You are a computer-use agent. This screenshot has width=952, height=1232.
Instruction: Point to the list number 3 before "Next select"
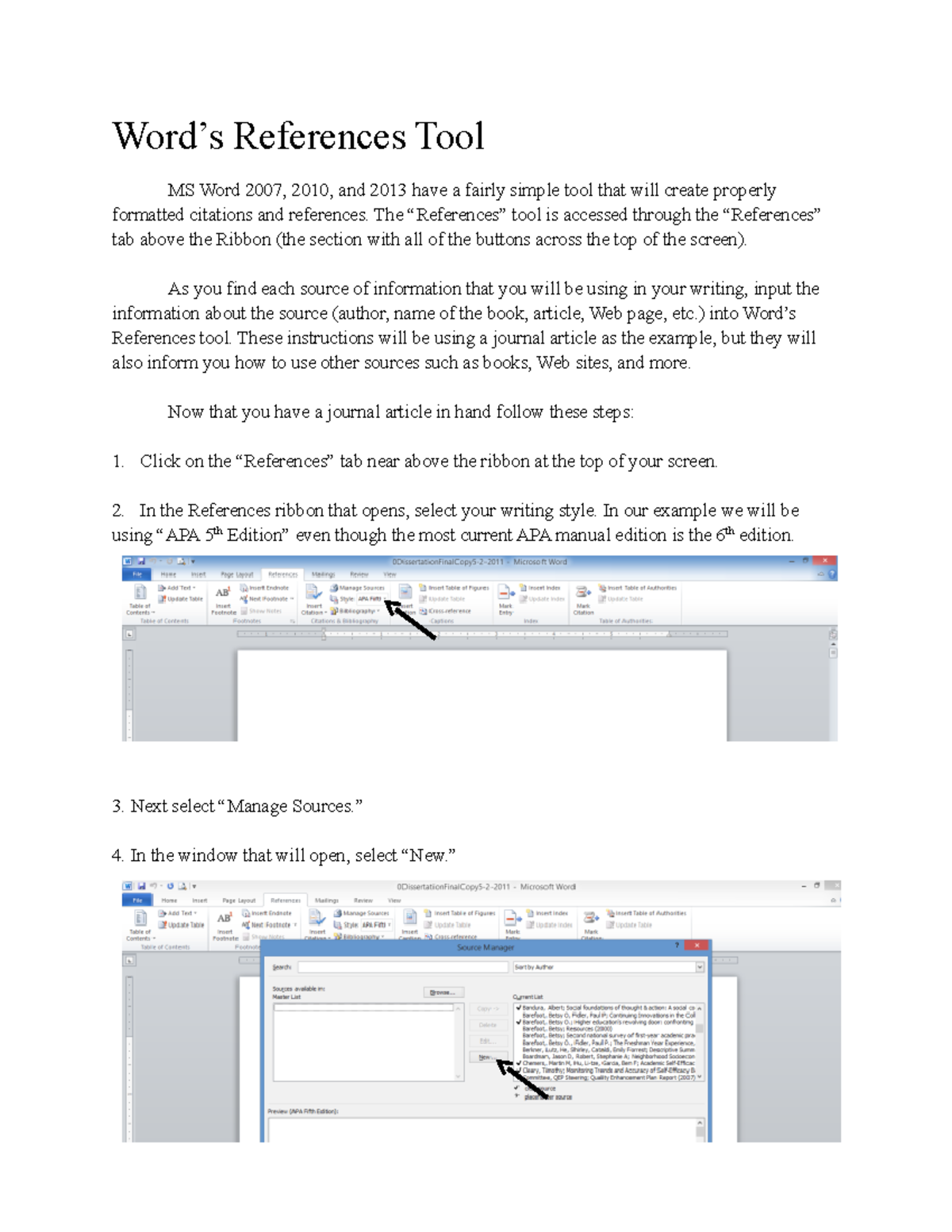[x=117, y=807]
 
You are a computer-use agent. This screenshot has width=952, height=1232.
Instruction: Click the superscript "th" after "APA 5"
[x=219, y=532]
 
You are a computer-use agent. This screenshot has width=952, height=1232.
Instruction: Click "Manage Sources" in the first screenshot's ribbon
[x=362, y=588]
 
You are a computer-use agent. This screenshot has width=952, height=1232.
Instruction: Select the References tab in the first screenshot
[x=282, y=574]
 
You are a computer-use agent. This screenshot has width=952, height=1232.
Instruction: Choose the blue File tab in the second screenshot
[x=137, y=900]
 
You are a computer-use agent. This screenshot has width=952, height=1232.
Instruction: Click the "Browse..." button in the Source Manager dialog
[x=443, y=992]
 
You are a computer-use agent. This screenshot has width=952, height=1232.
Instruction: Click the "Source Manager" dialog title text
[x=486, y=947]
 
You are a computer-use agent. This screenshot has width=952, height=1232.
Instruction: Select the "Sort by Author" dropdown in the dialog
[x=608, y=967]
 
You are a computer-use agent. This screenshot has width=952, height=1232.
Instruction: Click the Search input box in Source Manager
[x=403, y=967]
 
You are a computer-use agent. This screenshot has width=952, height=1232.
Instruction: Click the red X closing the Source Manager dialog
[x=697, y=946]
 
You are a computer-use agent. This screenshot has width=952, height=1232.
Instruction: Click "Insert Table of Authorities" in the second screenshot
[x=651, y=913]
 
